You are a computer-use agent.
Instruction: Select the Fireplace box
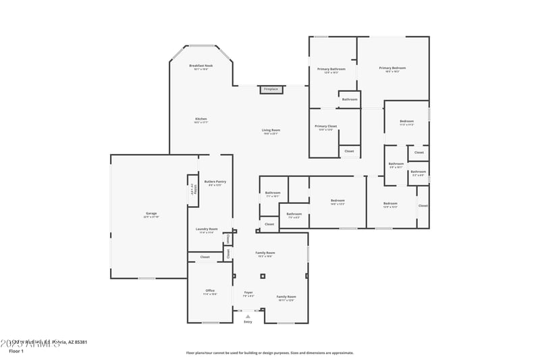tap(271, 89)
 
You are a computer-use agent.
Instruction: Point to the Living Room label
tap(271, 130)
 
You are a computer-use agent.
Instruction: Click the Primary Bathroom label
tap(331, 69)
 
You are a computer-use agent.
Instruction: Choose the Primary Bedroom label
tap(392, 68)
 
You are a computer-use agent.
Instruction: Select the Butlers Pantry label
tap(215, 182)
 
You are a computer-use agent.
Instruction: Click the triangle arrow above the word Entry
tap(248, 315)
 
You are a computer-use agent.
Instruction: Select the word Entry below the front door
tap(248, 322)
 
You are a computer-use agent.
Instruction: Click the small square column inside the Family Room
tap(264, 276)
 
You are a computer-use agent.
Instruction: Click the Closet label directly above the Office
tap(205, 257)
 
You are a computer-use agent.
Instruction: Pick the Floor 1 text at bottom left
tap(16, 351)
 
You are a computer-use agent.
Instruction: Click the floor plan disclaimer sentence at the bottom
tap(270, 353)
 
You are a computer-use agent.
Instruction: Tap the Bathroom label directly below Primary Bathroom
tap(350, 99)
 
